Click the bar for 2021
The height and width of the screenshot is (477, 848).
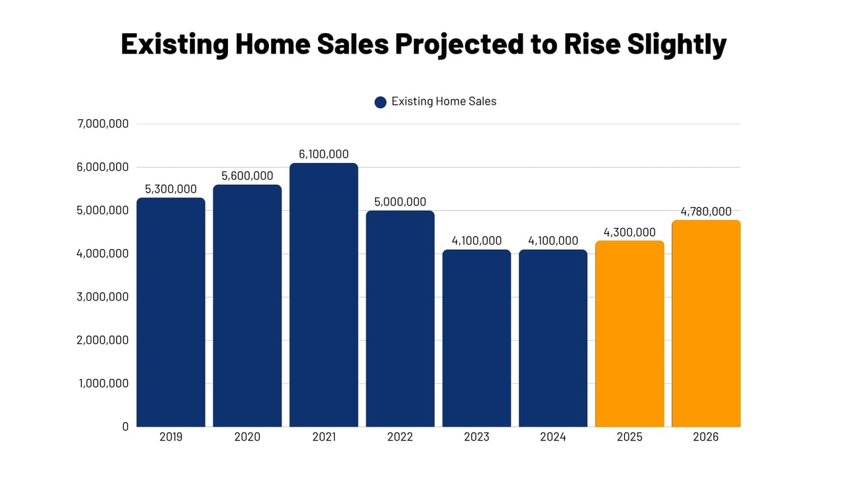[x=323, y=295]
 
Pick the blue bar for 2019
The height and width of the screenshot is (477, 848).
[x=171, y=312]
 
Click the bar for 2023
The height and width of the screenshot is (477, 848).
[x=476, y=338]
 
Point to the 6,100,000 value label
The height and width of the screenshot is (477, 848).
[x=323, y=154]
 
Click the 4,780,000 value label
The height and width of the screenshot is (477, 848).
[x=706, y=212]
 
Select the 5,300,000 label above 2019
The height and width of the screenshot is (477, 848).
[x=171, y=189]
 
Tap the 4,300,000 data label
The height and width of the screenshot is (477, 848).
[x=629, y=233]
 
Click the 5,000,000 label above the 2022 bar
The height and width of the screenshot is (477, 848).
[x=400, y=202]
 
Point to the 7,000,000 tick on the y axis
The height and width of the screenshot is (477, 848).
[x=103, y=124]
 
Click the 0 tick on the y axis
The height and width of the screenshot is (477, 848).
[x=125, y=427]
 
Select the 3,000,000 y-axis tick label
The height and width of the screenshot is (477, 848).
[x=103, y=297]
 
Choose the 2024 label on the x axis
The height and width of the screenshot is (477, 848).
[x=553, y=437]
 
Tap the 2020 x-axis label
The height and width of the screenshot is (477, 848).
[x=247, y=437]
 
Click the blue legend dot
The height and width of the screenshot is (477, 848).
[x=380, y=102]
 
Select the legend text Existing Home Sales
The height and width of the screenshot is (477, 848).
[x=444, y=101]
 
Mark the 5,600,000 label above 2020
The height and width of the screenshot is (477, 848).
[x=247, y=176]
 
